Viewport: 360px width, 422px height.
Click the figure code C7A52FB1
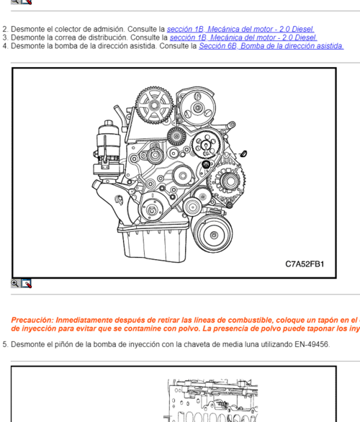pos(305,264)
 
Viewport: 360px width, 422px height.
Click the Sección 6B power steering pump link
pos(271,46)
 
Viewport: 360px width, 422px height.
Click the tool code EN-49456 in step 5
pos(311,345)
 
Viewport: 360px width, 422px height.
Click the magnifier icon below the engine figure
pos(15,284)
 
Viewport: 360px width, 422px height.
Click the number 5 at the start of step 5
pos(4,345)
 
